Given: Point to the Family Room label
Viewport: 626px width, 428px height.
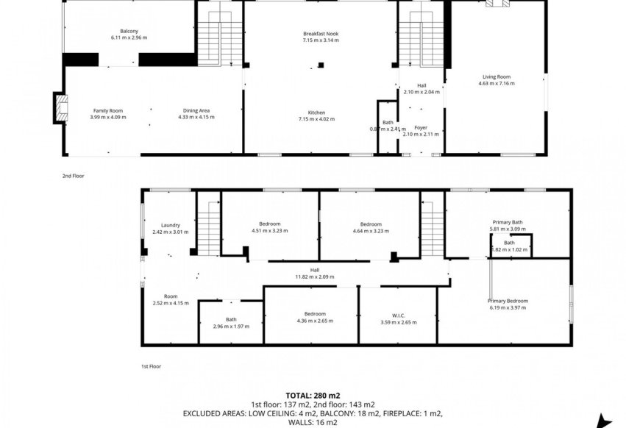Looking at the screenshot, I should pyautogui.click(x=107, y=110).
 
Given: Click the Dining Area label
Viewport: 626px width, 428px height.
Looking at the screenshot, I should pyautogui.click(x=195, y=110).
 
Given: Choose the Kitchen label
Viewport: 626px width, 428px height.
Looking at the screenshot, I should pyautogui.click(x=316, y=113).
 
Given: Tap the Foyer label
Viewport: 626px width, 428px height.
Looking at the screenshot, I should pyautogui.click(x=421, y=128).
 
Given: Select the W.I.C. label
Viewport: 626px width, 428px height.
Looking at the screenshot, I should pyautogui.click(x=399, y=315).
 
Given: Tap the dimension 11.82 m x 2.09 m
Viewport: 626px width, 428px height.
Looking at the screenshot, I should pyautogui.click(x=314, y=277).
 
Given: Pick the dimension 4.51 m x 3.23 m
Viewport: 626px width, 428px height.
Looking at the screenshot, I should pyautogui.click(x=269, y=231).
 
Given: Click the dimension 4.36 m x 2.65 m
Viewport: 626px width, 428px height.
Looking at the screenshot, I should pyautogui.click(x=311, y=321).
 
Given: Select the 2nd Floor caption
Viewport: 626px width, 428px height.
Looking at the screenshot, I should pyautogui.click(x=74, y=176).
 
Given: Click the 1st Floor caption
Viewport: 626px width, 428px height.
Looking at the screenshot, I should pyautogui.click(x=151, y=365).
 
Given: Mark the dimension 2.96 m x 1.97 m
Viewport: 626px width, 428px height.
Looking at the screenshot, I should pyautogui.click(x=231, y=327).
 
